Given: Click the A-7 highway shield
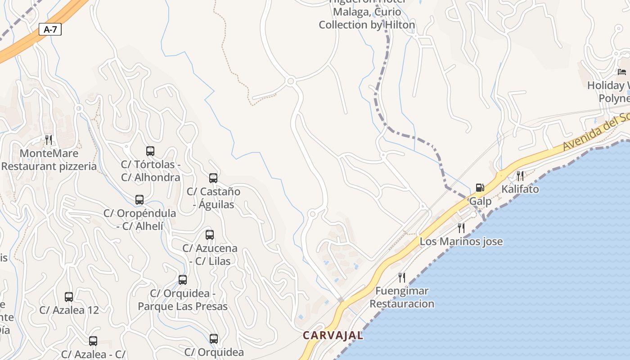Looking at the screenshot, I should tap(50, 30).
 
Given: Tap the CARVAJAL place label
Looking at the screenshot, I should tap(333, 335).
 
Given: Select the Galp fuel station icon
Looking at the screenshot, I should tap(480, 188).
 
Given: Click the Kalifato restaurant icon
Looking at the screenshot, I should tap(520, 175).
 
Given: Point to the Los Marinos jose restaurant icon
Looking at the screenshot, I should tap(461, 228).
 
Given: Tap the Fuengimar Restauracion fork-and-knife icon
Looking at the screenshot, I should tap(402, 277).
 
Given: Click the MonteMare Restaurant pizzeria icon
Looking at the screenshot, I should tap(49, 139).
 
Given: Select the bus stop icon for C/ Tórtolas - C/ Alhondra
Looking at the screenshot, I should tap(150, 151).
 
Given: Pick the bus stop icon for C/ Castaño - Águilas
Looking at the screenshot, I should tap(213, 178).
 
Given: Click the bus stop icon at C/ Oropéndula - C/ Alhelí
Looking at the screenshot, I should tap(139, 200).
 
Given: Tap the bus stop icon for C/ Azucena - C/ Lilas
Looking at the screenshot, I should tap(210, 234).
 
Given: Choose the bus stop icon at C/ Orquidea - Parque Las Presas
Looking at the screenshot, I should tap(183, 280).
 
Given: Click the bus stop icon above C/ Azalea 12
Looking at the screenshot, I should tap(69, 297).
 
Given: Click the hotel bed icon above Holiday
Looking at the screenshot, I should tap(622, 72).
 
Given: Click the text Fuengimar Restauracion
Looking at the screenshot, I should tap(402, 297).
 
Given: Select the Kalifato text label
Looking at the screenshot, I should tap(520, 189).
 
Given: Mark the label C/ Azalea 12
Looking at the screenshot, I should tap(69, 310).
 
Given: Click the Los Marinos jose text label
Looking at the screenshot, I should tap(461, 242).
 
